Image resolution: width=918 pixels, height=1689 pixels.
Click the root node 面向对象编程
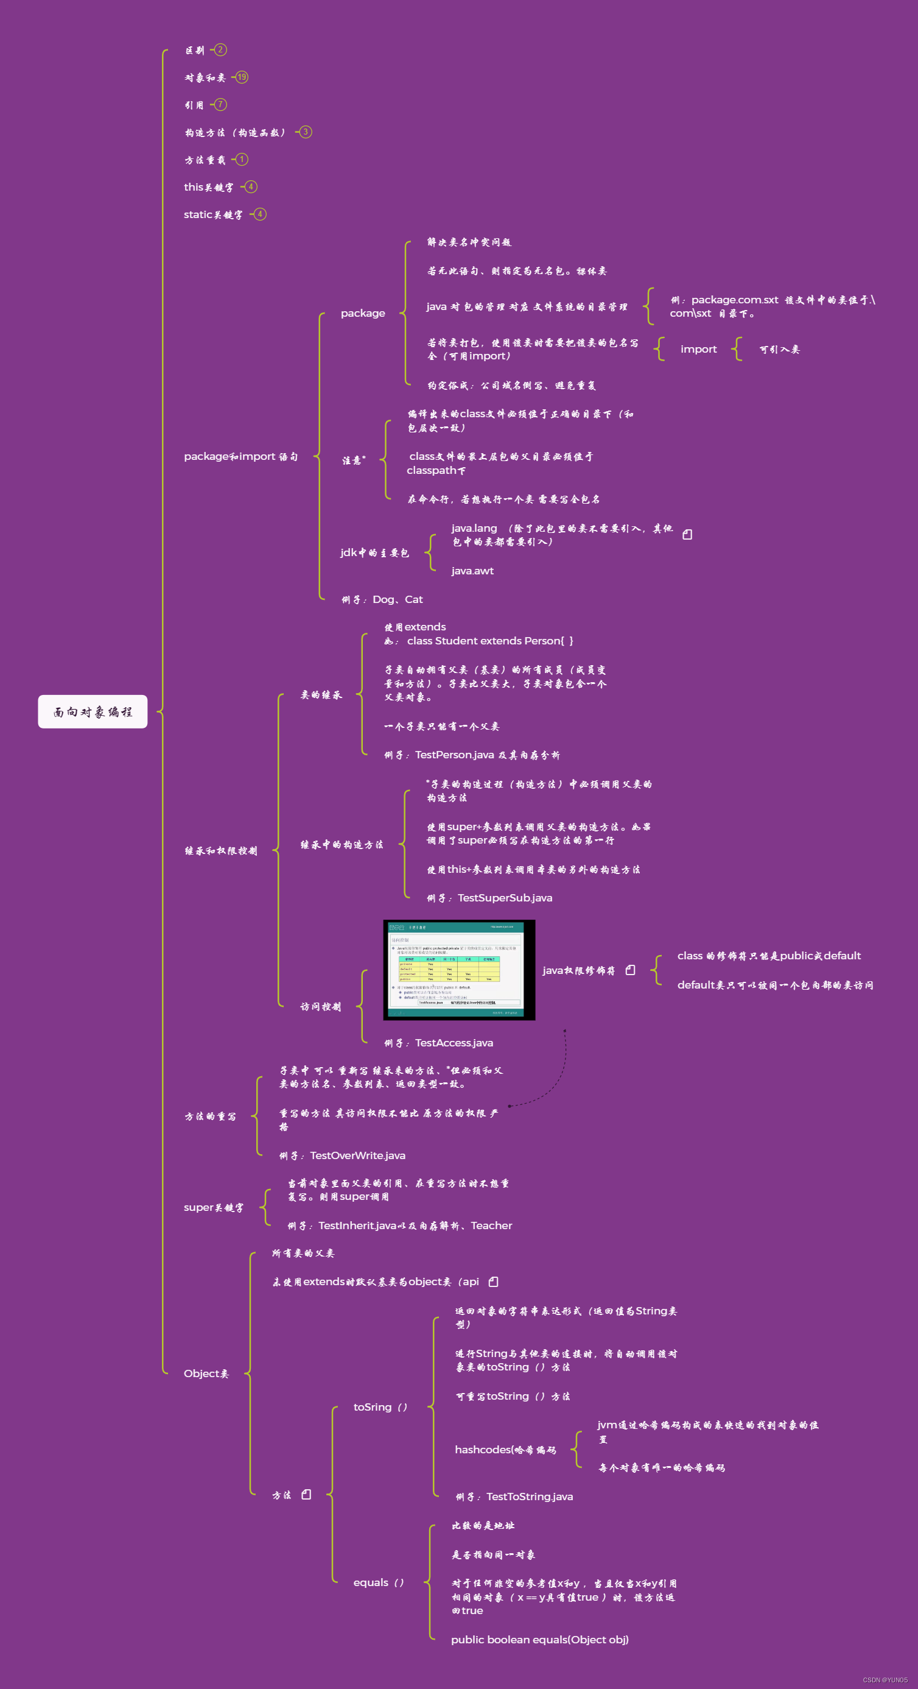pyautogui.click(x=93, y=711)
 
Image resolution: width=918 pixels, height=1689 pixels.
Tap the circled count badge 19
pyautogui.click(x=242, y=77)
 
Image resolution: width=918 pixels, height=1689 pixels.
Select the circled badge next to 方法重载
pyautogui.click(x=242, y=160)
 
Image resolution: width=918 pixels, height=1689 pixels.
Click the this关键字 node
pyautogui.click(x=208, y=188)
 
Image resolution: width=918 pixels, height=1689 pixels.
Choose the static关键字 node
pyautogui.click(x=213, y=215)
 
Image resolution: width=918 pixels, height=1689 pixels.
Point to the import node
pyautogui.click(x=698, y=350)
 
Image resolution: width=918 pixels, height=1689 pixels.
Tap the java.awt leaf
pyautogui.click(x=472, y=571)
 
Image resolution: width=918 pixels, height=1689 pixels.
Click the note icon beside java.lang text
pyautogui.click(x=687, y=535)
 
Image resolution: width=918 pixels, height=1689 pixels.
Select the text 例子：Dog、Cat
pyautogui.click(x=382, y=600)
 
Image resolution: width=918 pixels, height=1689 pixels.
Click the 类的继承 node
pyautogui.click(x=321, y=695)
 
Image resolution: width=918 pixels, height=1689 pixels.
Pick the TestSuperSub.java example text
pyautogui.click(x=489, y=898)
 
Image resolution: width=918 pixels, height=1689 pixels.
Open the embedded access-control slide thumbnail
pyautogui.click(x=458, y=970)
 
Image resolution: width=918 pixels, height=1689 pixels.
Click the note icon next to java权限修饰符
pyautogui.click(x=630, y=970)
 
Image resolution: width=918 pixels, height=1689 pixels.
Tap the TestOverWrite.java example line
pyautogui.click(x=342, y=1156)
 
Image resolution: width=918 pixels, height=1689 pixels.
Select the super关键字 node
pyautogui.click(x=214, y=1208)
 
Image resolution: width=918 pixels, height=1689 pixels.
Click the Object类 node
pyautogui.click(x=206, y=1373)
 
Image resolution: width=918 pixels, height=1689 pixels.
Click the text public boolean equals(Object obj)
pyautogui.click(x=539, y=1640)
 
